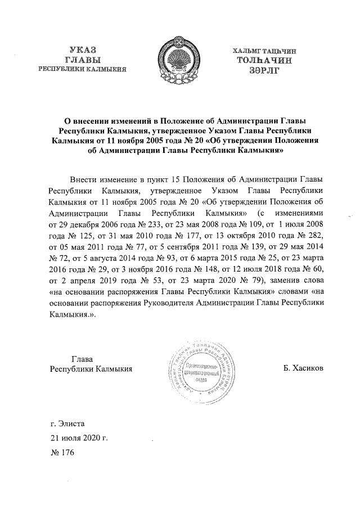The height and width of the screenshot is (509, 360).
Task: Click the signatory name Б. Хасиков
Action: [x=304, y=369]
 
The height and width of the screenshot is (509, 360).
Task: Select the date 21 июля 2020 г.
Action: [x=79, y=436]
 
